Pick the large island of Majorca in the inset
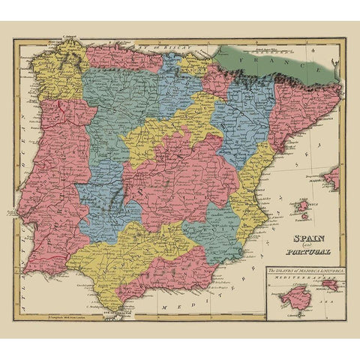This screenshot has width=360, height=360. click(289, 300)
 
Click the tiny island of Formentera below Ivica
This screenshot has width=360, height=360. click(303, 217)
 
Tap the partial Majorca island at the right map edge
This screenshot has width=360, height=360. click(332, 178)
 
